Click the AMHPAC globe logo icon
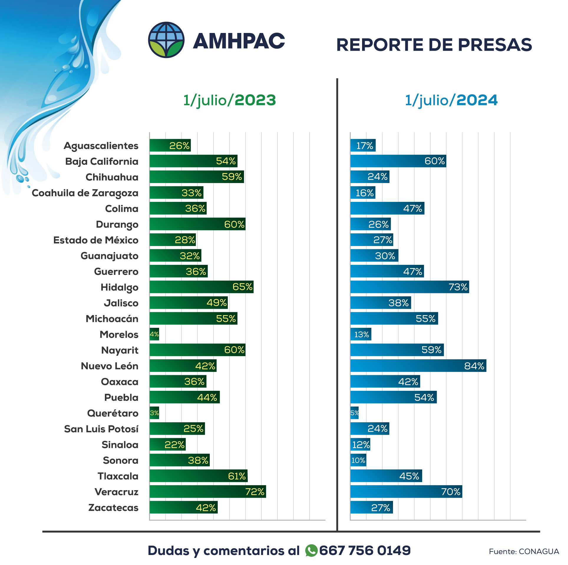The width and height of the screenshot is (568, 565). coord(166,40)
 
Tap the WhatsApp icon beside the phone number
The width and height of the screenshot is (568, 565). coord(311,550)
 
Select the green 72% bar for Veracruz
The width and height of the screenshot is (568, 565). coord(207,491)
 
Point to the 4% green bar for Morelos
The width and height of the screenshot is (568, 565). coord(154,334)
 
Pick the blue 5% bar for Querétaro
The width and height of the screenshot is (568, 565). coord(354,413)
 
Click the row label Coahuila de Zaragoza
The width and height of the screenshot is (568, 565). coord(85,193)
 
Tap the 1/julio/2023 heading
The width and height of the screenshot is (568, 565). coord(229,100)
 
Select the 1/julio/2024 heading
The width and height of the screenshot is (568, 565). coord(451,100)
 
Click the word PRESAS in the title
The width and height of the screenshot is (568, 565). coord(495,45)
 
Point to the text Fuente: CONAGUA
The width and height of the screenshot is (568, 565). coord(524,551)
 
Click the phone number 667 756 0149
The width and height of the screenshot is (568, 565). coord(365,550)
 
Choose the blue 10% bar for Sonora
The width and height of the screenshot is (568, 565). coord(358,460)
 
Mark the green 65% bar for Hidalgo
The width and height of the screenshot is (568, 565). coord(201,287)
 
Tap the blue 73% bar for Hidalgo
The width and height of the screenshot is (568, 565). coord(410,287)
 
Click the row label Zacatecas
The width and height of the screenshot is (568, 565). coord(113,508)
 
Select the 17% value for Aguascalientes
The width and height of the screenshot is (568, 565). coord(364,146)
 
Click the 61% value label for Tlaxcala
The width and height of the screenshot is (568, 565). coord(237,476)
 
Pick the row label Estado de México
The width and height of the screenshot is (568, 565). coord(96,240)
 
